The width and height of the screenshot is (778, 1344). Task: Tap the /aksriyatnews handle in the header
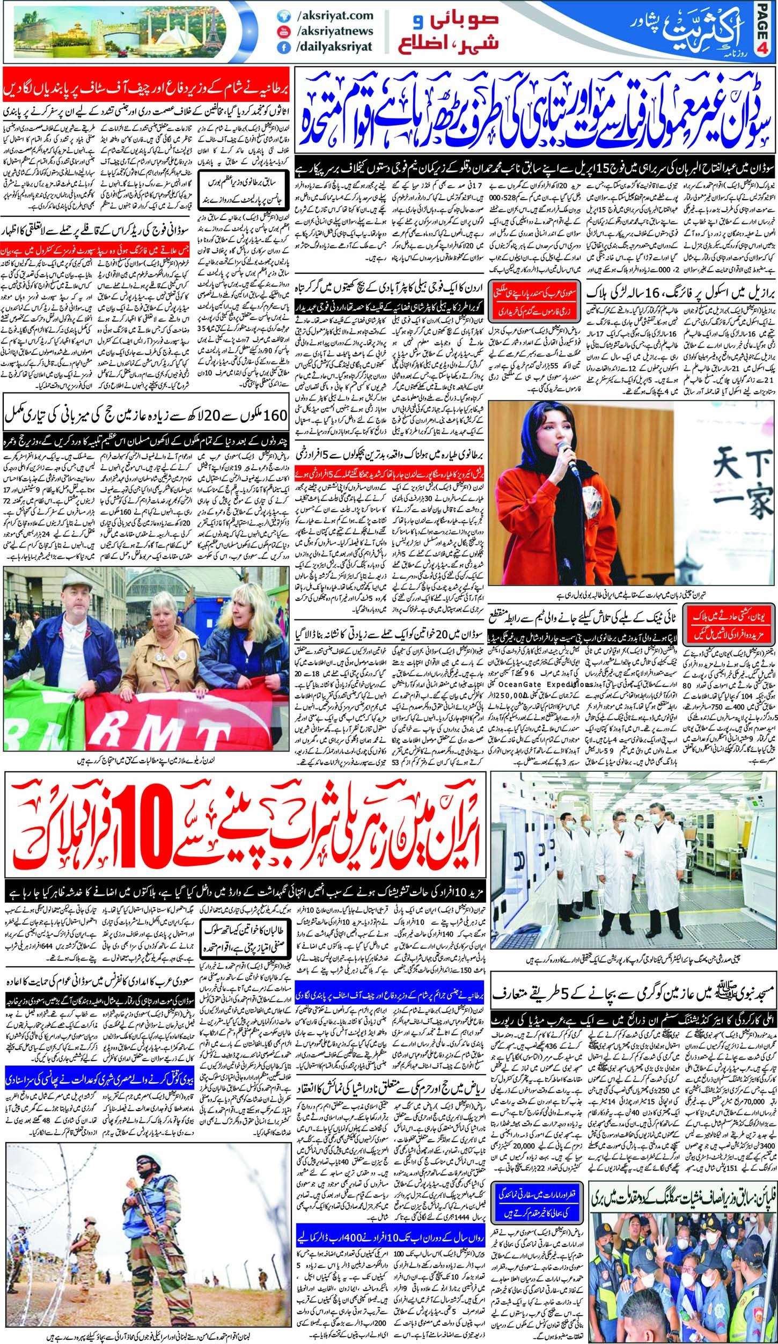pyautogui.click(x=334, y=31)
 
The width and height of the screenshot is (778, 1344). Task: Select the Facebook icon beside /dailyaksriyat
pyautogui.click(x=281, y=47)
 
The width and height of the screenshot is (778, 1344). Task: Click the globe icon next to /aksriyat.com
pyautogui.click(x=281, y=17)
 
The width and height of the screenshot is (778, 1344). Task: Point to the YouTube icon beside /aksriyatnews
pyautogui.click(x=281, y=32)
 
